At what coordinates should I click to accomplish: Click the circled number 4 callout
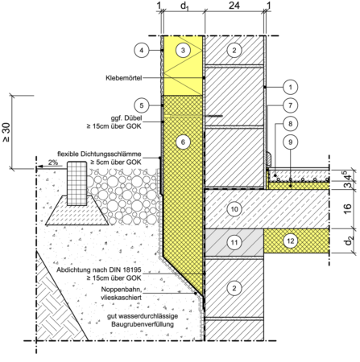click(x=142, y=50)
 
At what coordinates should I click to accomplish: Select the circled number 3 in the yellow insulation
click(x=183, y=50)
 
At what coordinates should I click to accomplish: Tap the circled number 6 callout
click(x=183, y=142)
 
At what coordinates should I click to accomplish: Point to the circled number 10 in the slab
click(x=234, y=209)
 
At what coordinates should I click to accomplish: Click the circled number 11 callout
click(x=234, y=242)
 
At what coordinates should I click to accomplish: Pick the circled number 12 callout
click(x=291, y=241)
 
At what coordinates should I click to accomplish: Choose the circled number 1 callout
click(x=290, y=87)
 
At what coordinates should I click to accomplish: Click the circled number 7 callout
click(x=290, y=105)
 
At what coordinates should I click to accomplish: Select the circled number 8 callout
click(x=290, y=124)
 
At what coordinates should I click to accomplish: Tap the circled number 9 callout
click(x=290, y=142)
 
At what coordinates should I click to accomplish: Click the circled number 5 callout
click(x=142, y=105)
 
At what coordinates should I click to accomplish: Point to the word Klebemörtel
click(x=124, y=78)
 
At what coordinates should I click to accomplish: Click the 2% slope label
click(x=53, y=162)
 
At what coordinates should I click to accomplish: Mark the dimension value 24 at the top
click(x=234, y=6)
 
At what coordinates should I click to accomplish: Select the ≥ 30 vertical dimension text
click(x=6, y=132)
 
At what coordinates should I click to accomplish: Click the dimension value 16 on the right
click(x=347, y=208)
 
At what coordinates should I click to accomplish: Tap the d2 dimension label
click(x=348, y=241)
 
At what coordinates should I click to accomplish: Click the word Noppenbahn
click(x=122, y=290)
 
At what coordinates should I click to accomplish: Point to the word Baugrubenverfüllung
click(x=143, y=324)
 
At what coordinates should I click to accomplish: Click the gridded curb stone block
click(x=77, y=183)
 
